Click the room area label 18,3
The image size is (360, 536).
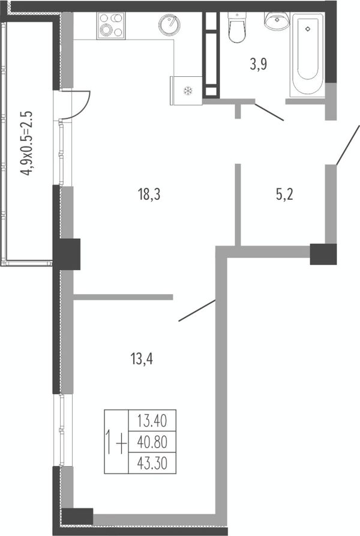pos(149,195)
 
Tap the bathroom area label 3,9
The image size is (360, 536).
pos(258,64)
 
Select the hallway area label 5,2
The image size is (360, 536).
pos(284,195)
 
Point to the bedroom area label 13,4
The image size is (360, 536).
pos(142,359)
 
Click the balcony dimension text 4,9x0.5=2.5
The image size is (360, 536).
pos(26,143)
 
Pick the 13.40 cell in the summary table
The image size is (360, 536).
pos(152,421)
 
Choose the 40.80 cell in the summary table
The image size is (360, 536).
pos(152,442)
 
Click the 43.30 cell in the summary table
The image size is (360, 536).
pos(152,463)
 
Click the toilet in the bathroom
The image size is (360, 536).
pos(237,28)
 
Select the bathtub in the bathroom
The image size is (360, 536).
pos(307,55)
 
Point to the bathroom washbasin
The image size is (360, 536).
pos(277,21)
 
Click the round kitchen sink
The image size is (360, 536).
pos(169,25)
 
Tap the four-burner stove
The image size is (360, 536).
pos(111,26)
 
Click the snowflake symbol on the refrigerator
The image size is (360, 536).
pos(188,91)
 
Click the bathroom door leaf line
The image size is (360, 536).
pos(269,112)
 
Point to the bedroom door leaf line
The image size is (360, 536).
pos(197,311)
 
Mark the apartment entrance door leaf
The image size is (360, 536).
pos(348,145)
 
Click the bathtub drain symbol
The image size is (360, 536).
pos(308,29)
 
